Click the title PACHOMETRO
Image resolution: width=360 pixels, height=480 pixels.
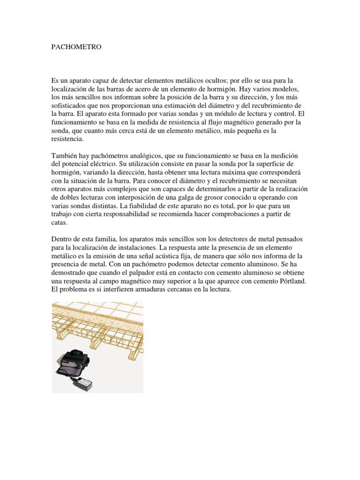pyautogui.click(x=76, y=48)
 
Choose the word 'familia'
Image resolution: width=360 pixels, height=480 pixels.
pyautogui.click(x=109, y=239)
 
